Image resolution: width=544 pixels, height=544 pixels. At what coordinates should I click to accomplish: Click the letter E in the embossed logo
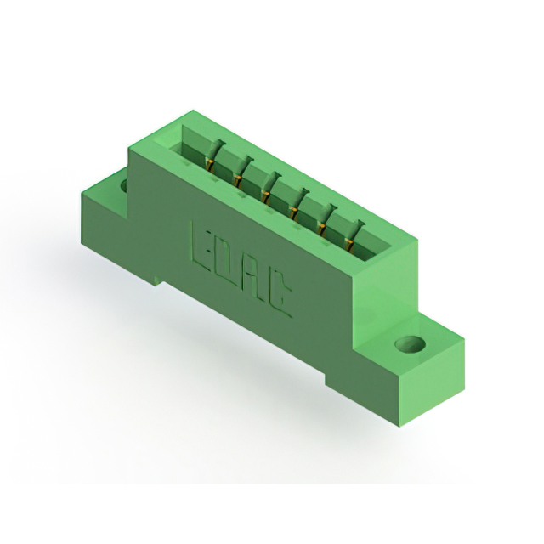pyautogui.click(x=202, y=245)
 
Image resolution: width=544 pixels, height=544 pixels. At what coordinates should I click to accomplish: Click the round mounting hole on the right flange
pyautogui.click(x=411, y=344)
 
